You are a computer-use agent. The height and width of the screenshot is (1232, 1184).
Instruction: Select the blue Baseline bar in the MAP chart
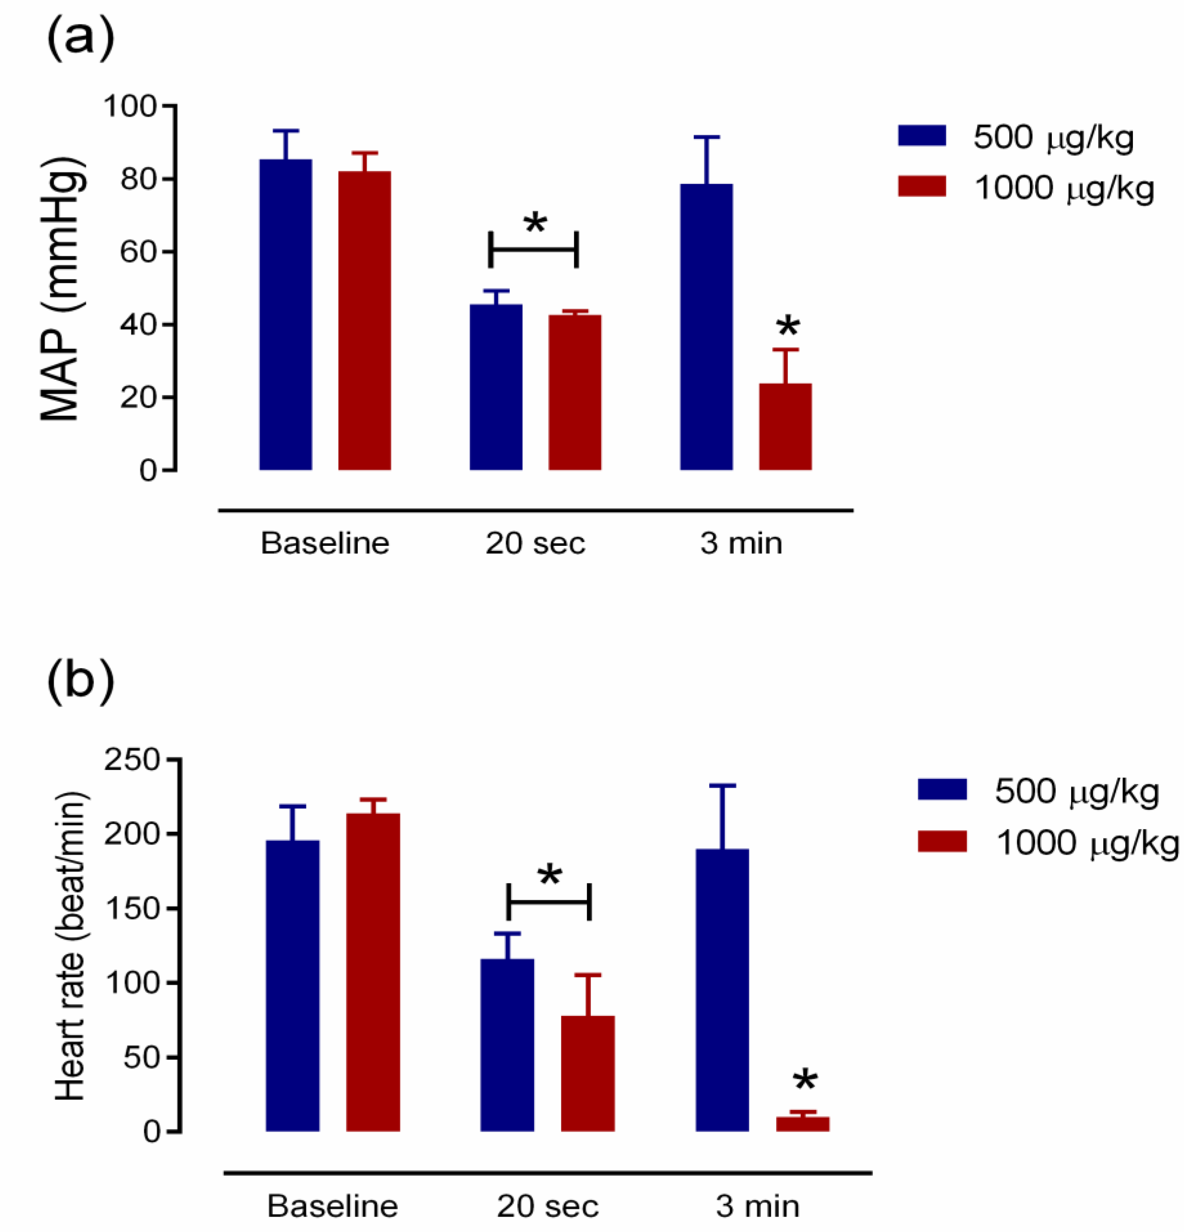[285, 314]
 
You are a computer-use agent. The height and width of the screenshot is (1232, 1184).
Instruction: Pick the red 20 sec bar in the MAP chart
[574, 392]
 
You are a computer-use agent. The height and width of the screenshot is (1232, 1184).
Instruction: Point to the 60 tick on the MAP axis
[138, 252]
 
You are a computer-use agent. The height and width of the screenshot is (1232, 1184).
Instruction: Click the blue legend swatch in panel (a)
[921, 136]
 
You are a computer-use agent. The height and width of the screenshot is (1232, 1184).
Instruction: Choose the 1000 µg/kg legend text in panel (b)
[1087, 843]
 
